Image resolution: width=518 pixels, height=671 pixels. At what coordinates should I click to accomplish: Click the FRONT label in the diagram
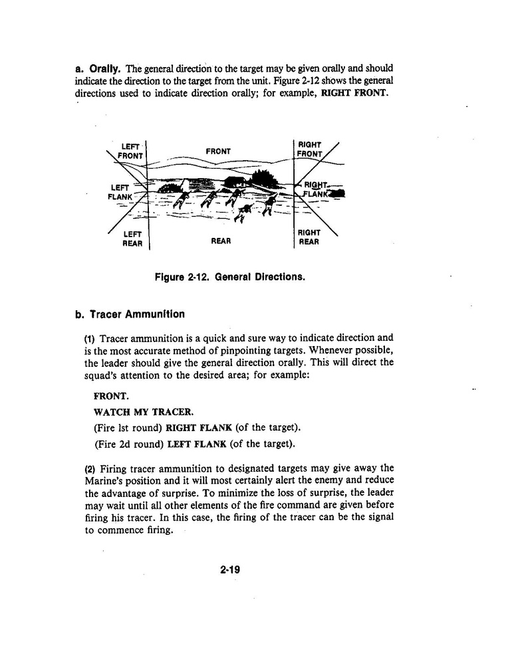[218, 151]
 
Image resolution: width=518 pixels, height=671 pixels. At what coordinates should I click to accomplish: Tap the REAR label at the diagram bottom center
[220, 241]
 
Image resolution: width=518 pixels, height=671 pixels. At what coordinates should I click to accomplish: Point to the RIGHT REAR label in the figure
[309, 237]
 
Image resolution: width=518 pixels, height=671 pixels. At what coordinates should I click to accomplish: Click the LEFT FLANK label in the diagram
[120, 192]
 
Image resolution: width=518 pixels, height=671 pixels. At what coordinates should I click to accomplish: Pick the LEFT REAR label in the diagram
[133, 239]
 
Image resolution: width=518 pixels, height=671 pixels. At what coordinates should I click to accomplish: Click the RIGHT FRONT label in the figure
[310, 149]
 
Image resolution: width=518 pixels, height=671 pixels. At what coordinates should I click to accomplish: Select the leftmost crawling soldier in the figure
[182, 197]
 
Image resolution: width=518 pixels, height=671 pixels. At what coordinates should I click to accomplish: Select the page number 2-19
[229, 568]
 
